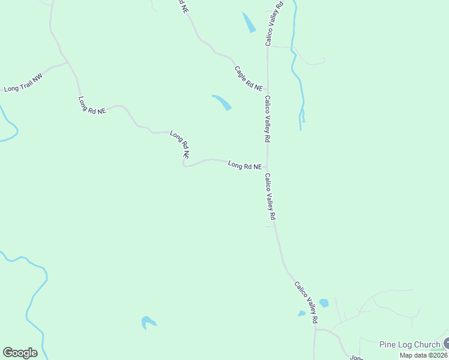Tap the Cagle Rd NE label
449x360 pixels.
point(249,79)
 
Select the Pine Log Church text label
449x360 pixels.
point(410,344)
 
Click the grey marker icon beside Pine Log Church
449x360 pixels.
point(446,343)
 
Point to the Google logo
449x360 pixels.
point(20,353)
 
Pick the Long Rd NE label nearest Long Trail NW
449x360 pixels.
point(92,105)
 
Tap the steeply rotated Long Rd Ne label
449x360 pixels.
point(179,145)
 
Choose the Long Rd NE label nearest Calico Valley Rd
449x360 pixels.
point(244,166)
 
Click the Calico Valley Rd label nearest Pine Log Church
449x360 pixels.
point(306,303)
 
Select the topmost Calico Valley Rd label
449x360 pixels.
point(274,23)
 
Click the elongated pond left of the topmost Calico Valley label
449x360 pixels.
point(249,22)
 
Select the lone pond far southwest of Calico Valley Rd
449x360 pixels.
point(148,322)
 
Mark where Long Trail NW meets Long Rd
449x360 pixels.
point(67,62)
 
